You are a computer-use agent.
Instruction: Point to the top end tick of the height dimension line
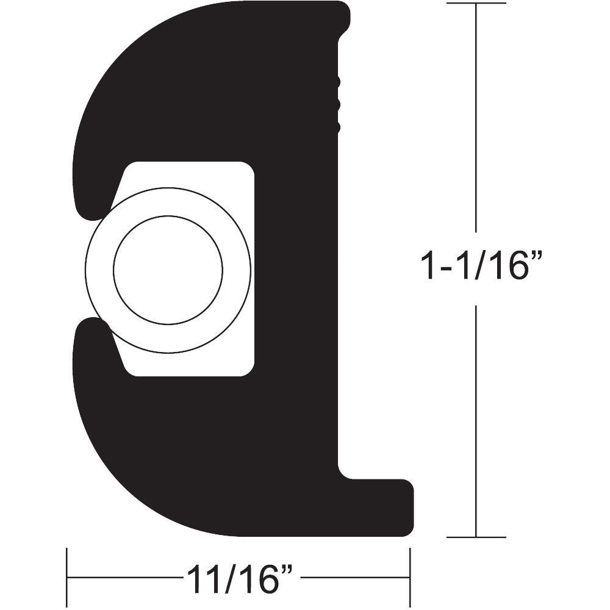(x=476, y=4)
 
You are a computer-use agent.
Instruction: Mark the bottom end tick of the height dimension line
(x=476, y=537)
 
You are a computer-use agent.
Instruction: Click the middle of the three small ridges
(x=336, y=104)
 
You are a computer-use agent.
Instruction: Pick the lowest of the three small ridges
(x=336, y=127)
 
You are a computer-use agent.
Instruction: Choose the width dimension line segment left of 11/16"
(x=122, y=577)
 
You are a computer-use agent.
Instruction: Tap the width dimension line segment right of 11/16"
(x=354, y=577)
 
